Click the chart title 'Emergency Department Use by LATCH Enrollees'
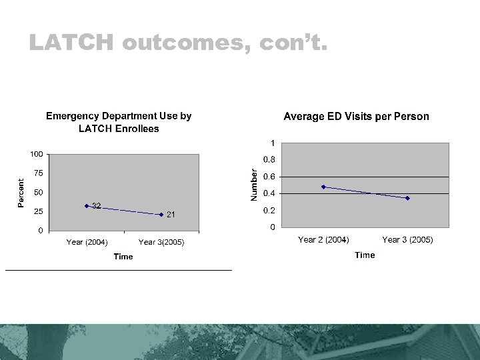(119, 122)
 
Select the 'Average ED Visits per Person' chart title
(356, 117)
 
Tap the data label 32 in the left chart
(97, 205)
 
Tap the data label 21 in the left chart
(171, 215)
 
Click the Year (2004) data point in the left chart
(87, 206)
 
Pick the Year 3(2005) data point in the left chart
(161, 215)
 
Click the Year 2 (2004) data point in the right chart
(323, 187)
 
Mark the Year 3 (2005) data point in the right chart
(407, 198)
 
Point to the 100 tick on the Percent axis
(37, 154)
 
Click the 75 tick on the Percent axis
(39, 173)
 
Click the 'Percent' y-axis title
(21, 193)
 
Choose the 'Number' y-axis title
(253, 184)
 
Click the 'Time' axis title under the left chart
(123, 257)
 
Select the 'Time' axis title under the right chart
(365, 255)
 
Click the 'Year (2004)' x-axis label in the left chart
(87, 242)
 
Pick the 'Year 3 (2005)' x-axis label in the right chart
(407, 239)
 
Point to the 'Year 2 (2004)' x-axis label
(323, 239)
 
